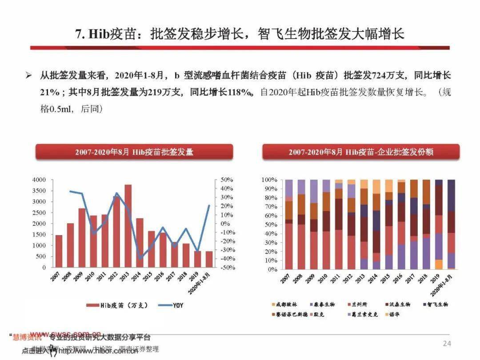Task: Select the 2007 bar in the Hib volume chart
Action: point(59,251)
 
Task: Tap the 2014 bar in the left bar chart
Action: point(140,243)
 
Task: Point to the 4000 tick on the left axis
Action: point(39,180)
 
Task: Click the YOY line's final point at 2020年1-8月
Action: point(209,205)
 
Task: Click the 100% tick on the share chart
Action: point(269,180)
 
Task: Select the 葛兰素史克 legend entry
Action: point(365,314)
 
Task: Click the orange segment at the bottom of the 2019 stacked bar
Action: point(439,264)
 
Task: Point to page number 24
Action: point(447,344)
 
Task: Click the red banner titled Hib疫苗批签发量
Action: point(134,152)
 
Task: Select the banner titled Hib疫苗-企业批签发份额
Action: point(361,152)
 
